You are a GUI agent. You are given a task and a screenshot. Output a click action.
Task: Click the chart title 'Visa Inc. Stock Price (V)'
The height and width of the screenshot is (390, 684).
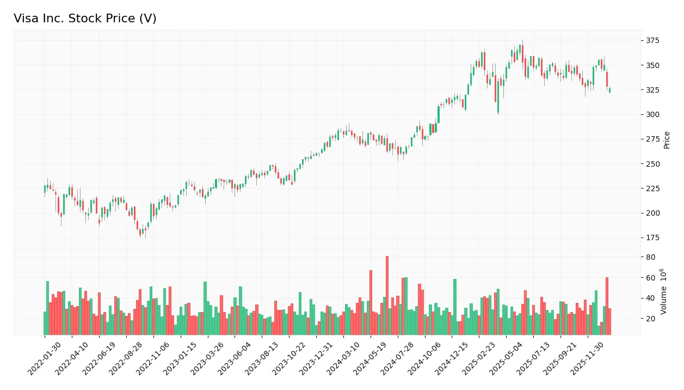(85, 19)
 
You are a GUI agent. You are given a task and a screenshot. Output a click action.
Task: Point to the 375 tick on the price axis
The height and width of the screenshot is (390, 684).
(652, 41)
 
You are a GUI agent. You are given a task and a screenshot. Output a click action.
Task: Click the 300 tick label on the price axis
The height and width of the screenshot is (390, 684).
(652, 114)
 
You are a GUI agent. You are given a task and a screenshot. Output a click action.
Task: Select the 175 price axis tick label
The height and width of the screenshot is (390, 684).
(652, 237)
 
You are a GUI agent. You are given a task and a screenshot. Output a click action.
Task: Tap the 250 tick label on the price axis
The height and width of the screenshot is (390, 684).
(652, 164)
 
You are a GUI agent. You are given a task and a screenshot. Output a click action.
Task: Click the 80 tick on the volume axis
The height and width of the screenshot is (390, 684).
(650, 257)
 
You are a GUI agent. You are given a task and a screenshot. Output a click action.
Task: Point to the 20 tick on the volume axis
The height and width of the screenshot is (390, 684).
(650, 319)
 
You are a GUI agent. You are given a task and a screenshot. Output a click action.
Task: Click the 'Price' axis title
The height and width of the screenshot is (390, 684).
(667, 140)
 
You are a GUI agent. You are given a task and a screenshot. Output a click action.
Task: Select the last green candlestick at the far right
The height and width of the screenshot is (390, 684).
(609, 90)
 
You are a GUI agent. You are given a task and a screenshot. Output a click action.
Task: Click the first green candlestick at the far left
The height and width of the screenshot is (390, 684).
(45, 189)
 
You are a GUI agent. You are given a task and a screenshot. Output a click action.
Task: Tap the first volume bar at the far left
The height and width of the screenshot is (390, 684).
(45, 323)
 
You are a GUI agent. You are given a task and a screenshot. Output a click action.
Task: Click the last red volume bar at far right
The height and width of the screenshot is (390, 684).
(609, 321)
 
